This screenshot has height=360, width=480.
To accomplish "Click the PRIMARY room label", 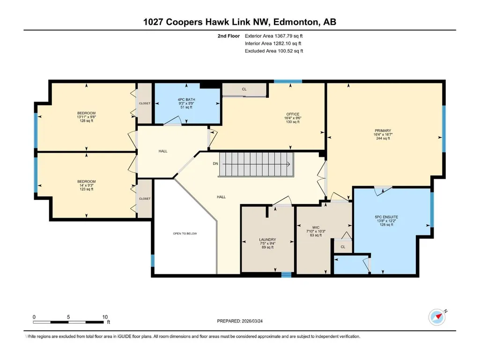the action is (x=383, y=131).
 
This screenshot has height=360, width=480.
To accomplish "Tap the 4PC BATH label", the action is (x=186, y=100).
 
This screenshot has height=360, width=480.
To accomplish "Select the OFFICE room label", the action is (x=293, y=114).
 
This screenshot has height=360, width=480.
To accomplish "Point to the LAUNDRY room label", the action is (x=267, y=240).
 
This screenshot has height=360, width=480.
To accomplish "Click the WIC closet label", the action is (x=316, y=228).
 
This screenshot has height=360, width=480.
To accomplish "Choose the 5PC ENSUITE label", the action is (x=386, y=217).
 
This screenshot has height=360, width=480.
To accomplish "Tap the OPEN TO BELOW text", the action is (x=185, y=234).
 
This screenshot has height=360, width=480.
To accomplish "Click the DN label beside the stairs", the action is (x=215, y=164).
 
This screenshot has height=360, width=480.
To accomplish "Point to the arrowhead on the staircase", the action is (x=288, y=164).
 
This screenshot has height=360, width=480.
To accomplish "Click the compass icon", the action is (x=437, y=317).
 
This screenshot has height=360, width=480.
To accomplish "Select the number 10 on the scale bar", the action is (x=105, y=317).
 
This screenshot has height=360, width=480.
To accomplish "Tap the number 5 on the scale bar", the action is (x=68, y=317).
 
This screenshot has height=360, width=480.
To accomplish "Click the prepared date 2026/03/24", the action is (x=252, y=321).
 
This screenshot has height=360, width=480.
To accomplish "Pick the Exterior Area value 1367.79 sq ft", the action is (x=288, y=36).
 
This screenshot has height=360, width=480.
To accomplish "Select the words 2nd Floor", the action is (x=229, y=36).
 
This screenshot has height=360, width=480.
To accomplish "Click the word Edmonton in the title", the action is (x=295, y=22).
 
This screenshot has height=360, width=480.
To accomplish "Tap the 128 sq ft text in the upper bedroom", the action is (x=86, y=121).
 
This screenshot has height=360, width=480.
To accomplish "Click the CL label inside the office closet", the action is (x=244, y=89).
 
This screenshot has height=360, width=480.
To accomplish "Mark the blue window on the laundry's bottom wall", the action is (x=286, y=275).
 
